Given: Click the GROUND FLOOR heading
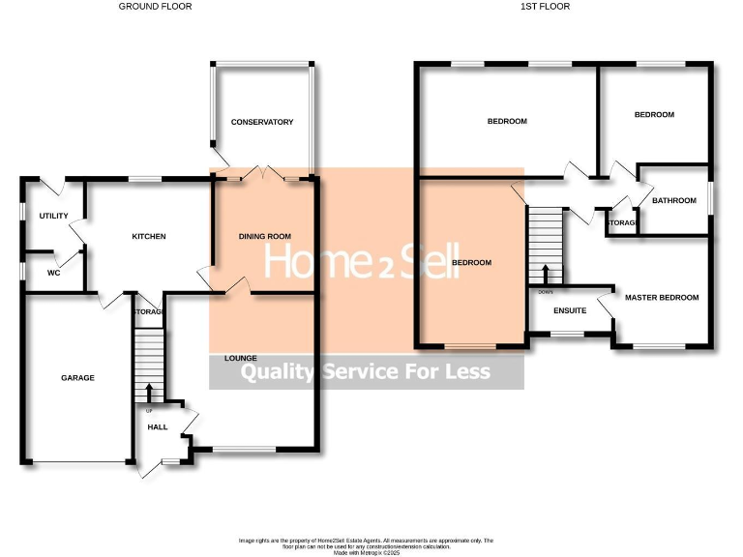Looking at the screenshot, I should click(x=155, y=7).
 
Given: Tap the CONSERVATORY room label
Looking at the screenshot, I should click(x=261, y=122).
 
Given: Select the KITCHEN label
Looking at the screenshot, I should click(x=149, y=236).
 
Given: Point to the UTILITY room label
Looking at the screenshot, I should click(x=53, y=216).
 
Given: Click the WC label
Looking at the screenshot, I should click(x=54, y=272).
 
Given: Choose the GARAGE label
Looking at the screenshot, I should click(x=77, y=377).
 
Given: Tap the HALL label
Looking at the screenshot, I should click(x=157, y=425).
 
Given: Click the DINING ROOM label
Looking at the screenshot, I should click(x=264, y=236).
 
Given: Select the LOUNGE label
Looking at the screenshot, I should click(x=241, y=358).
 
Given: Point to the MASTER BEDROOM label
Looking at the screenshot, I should click(x=661, y=297).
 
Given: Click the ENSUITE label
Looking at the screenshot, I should click(x=570, y=310).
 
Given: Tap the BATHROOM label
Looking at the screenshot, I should click(x=673, y=200).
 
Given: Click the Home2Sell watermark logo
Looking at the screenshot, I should click(x=361, y=261).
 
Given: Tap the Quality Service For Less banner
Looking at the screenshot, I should click(x=366, y=372).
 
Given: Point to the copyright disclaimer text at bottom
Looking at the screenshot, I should click(x=367, y=545).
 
